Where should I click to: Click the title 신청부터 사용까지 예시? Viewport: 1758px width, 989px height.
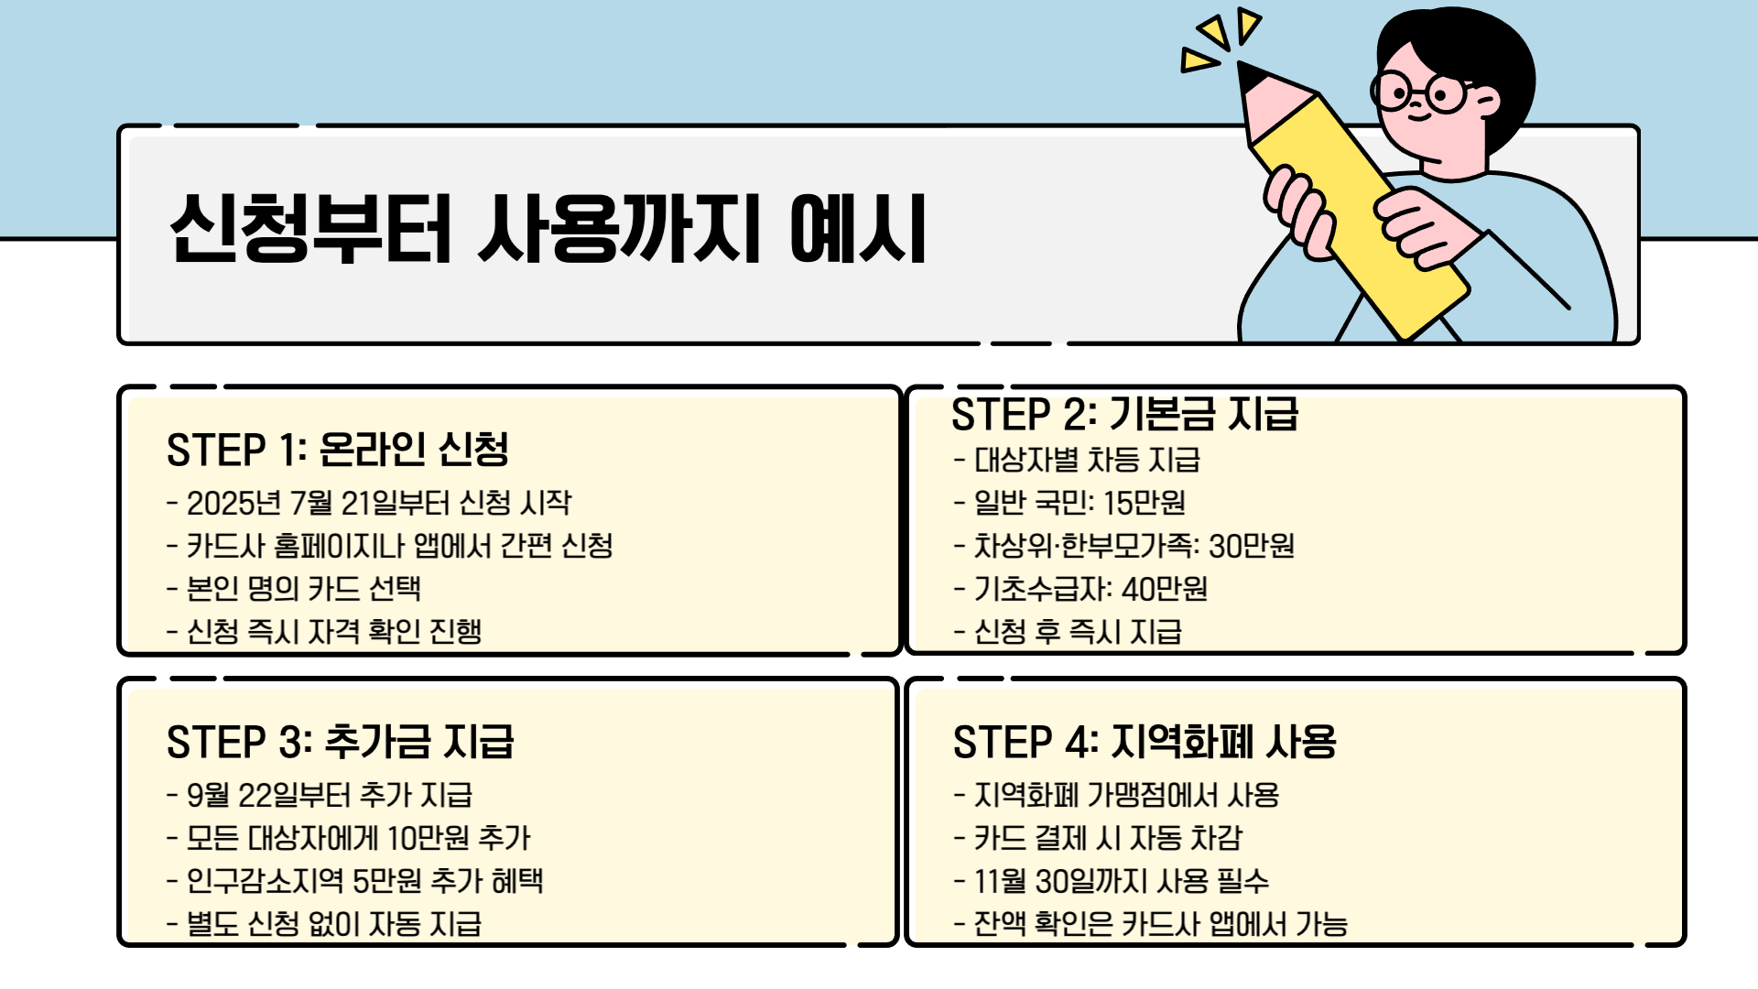tap(548, 229)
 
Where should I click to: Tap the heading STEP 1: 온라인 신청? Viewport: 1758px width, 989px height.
tap(337, 450)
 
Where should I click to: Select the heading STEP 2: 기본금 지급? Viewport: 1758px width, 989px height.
tap(1124, 414)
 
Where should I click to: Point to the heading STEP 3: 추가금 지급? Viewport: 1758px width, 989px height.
tap(340, 742)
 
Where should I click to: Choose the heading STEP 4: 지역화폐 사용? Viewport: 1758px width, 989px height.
tap(1145, 742)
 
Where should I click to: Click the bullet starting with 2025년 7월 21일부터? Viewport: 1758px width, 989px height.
tap(370, 503)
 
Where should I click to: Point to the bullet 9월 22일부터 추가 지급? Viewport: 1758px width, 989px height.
tap(320, 795)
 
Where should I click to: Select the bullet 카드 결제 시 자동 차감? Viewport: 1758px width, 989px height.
tap(1099, 838)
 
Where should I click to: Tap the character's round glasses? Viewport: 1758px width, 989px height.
tap(1419, 92)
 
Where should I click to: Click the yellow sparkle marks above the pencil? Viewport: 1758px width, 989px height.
tap(1218, 41)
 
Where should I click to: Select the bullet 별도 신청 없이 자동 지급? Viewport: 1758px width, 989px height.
tap(325, 923)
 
